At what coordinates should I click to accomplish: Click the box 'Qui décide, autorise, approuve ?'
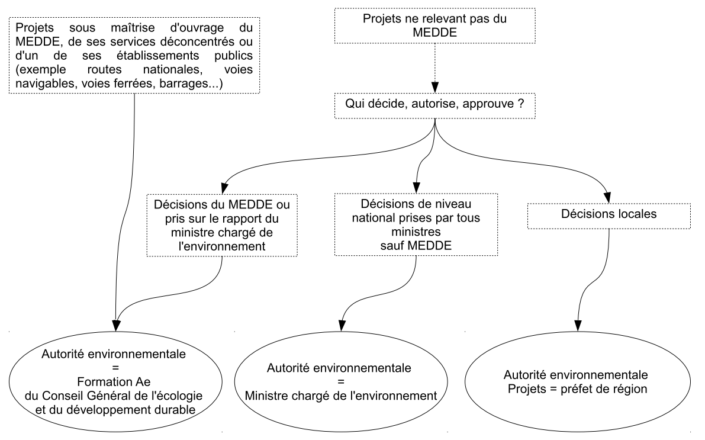[435, 106]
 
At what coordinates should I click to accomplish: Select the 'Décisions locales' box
[609, 216]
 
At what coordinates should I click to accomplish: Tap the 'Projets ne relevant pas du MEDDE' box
[435, 25]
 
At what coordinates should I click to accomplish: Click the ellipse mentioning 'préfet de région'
[577, 382]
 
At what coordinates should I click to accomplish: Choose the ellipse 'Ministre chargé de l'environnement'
[341, 382]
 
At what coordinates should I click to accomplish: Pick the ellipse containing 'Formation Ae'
[115, 382]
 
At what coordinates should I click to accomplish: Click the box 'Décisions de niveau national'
[416, 224]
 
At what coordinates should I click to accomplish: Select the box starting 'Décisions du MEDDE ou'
[221, 225]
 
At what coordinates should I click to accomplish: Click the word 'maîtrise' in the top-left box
[133, 27]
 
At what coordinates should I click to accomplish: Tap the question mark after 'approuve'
[521, 104]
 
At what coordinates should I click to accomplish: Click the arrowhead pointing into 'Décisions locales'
[607, 198]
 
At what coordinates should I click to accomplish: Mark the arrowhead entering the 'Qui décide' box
[435, 87]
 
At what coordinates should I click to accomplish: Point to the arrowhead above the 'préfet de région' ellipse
[578, 326]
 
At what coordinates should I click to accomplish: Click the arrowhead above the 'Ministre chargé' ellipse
[342, 326]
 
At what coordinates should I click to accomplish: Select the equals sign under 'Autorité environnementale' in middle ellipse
[341, 382]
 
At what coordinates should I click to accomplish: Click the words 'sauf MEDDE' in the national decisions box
[416, 246]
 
